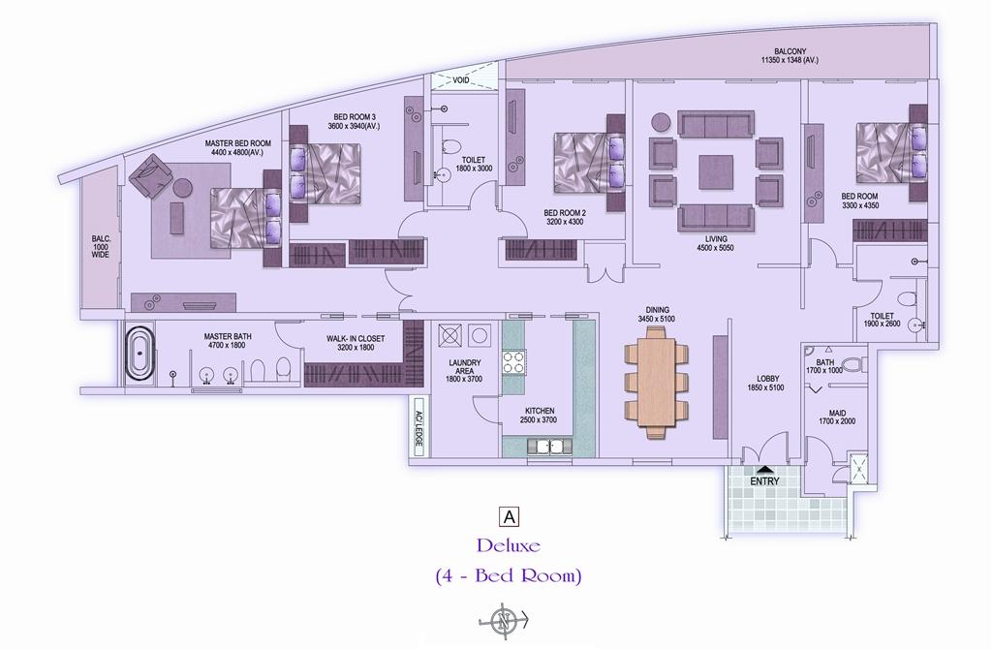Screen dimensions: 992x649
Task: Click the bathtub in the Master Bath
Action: pyautogui.click(x=139, y=353)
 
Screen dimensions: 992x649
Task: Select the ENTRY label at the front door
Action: pyautogui.click(x=764, y=481)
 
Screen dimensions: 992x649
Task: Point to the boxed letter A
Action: pyautogui.click(x=509, y=517)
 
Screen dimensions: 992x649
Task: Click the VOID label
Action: pyautogui.click(x=460, y=80)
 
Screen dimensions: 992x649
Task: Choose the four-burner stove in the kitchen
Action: pyautogui.click(x=513, y=362)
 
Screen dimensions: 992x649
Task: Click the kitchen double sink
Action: pyautogui.click(x=549, y=447)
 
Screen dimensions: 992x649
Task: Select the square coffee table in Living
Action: pyautogui.click(x=716, y=172)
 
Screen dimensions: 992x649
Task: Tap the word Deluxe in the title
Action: pyautogui.click(x=509, y=544)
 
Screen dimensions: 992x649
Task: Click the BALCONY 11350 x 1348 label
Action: pyautogui.click(x=790, y=55)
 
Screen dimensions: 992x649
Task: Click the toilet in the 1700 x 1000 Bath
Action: pyautogui.click(x=855, y=365)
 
